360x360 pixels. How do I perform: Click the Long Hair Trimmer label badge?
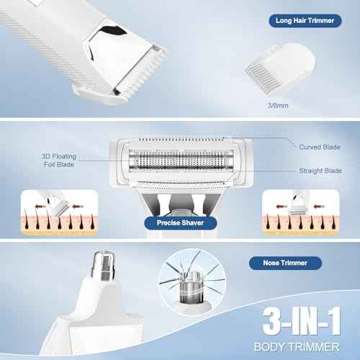click(x=305, y=21)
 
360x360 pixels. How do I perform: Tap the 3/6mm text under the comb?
click(x=278, y=106)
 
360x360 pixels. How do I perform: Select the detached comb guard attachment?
click(x=279, y=66)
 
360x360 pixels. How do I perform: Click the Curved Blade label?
click(x=320, y=147)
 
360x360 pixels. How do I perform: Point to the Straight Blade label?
click(x=320, y=171)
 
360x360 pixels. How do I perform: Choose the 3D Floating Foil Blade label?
click(x=59, y=161)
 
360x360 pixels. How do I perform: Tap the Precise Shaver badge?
click(x=181, y=222)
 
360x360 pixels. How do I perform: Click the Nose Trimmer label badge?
click(x=285, y=263)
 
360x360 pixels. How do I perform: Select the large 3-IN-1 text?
click(x=302, y=321)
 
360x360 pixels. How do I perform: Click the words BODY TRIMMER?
click(x=297, y=347)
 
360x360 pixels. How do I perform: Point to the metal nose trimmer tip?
click(x=104, y=266)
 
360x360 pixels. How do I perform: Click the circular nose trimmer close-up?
click(x=192, y=282)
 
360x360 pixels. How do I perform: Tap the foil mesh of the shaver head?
click(x=181, y=161)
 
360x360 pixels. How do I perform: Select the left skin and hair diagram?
click(x=59, y=212)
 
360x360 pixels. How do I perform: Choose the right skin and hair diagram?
click(x=300, y=212)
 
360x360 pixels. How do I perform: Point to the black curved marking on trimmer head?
click(x=114, y=31)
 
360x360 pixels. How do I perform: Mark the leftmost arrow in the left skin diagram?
click(x=40, y=206)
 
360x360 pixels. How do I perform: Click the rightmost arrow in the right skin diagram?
click(x=319, y=206)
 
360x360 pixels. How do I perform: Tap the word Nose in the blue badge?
click(x=271, y=263)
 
